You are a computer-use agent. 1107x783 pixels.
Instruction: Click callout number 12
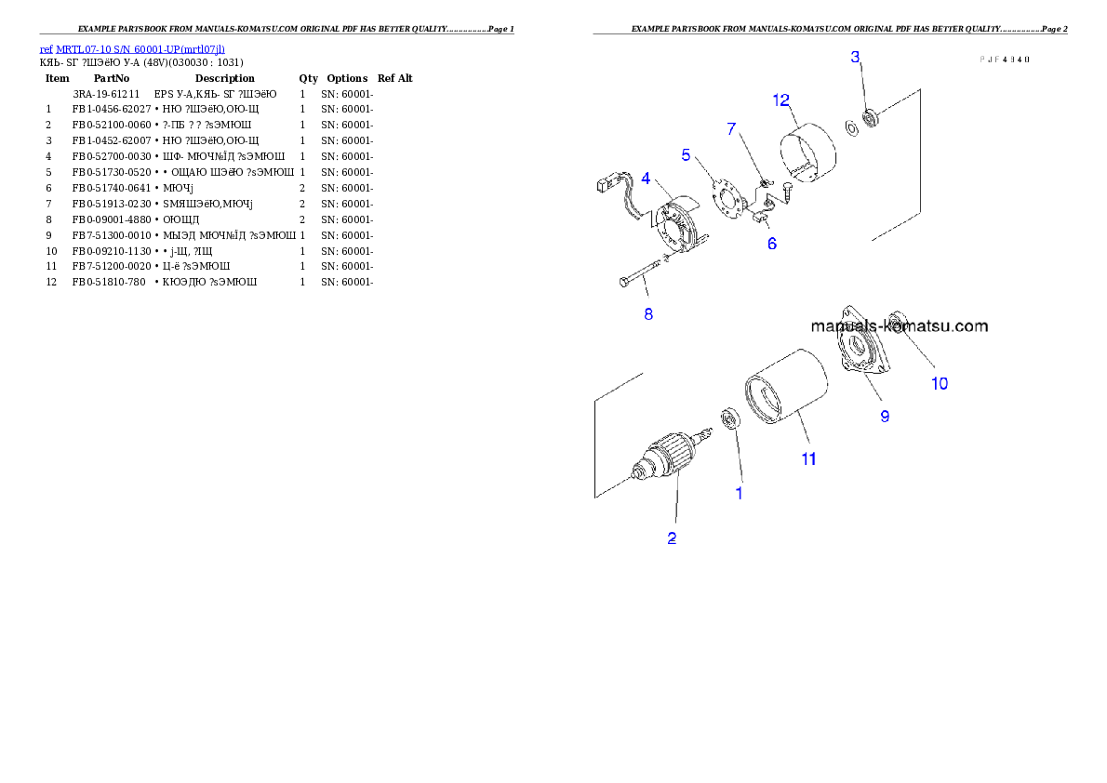(781, 100)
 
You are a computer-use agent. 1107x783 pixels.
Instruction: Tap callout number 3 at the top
(856, 58)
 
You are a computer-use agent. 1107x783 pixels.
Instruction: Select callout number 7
(732, 128)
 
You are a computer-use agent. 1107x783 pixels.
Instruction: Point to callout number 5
(687, 154)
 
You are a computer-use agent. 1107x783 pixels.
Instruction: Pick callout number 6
(772, 244)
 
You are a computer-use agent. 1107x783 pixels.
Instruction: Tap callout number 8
(648, 313)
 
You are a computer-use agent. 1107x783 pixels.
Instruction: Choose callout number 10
(940, 383)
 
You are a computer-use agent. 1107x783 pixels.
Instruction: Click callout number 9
(885, 416)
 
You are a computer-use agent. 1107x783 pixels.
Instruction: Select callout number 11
(809, 458)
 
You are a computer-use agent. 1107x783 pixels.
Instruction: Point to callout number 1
(740, 493)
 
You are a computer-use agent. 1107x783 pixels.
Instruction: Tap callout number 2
(672, 537)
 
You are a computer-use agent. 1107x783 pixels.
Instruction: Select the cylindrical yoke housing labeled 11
(786, 390)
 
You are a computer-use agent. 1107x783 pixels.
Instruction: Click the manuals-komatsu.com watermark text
(900, 326)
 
